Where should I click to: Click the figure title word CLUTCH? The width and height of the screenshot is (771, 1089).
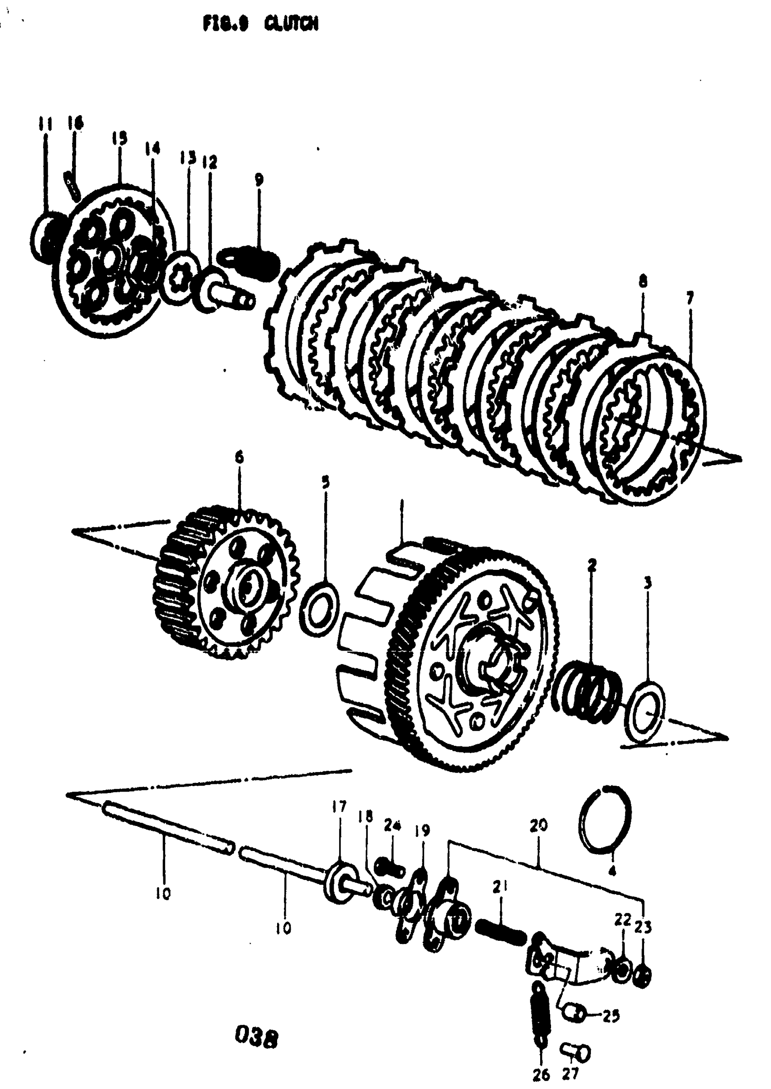point(291,24)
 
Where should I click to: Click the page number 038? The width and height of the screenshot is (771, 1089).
point(256,1038)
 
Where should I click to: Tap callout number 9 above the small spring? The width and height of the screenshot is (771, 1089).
point(259,180)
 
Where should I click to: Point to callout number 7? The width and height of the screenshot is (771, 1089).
point(689,298)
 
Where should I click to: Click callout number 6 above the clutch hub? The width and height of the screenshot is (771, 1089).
point(239,457)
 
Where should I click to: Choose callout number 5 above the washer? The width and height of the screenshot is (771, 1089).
point(325,482)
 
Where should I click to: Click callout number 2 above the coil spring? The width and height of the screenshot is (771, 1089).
point(591,564)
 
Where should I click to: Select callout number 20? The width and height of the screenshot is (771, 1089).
point(539,825)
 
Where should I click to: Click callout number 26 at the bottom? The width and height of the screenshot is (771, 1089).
point(541,1074)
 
